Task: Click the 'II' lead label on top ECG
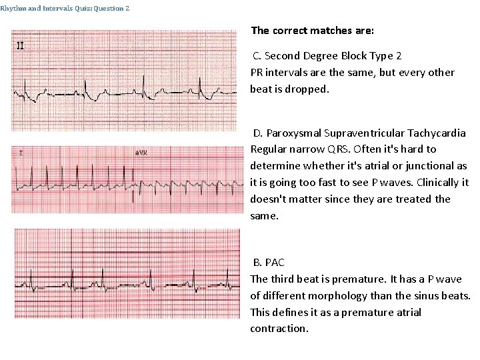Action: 21,46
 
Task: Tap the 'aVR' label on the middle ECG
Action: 141,153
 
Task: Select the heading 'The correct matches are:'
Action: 313,31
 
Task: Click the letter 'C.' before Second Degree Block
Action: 257,55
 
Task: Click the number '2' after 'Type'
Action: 398,55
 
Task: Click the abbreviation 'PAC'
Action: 275,263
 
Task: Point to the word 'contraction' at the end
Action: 278,329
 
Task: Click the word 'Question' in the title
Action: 110,8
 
